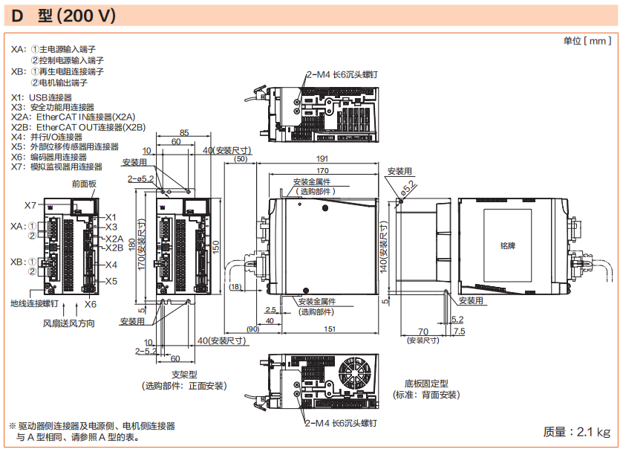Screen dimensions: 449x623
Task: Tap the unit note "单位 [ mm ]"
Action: coord(587,42)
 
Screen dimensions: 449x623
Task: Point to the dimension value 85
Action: coord(184,133)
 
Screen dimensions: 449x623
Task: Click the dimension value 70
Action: coord(423,331)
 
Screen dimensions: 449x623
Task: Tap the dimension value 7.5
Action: coord(458,331)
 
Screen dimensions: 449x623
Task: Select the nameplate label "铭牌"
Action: coord(508,244)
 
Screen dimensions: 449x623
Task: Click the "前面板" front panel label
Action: coord(84,183)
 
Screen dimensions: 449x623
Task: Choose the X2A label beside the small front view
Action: coord(114,238)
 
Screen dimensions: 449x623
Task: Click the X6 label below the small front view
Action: coord(91,304)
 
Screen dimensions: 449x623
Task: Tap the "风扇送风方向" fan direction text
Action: coord(68,323)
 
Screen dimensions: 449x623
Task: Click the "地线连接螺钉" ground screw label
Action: coord(33,303)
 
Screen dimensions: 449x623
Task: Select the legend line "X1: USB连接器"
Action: coord(42,97)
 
